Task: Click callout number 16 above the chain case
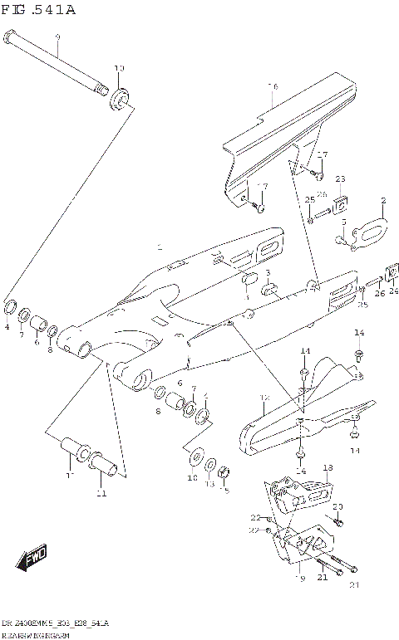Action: pos(272,86)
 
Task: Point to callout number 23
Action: pos(339,178)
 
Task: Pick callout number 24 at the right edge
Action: pos(393,291)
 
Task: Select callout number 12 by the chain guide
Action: pos(265,399)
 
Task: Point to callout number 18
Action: pos(328,469)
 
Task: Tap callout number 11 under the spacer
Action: pos(101,494)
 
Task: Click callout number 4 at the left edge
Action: pos(7,327)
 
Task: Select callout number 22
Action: pos(255,517)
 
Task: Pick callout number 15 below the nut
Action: pos(225,491)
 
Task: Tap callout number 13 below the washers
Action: pos(210,483)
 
